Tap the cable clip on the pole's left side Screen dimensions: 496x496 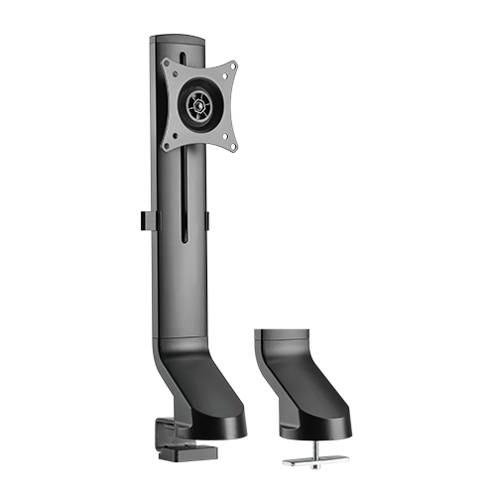click(144, 223)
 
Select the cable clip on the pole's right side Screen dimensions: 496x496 click(209, 222)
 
